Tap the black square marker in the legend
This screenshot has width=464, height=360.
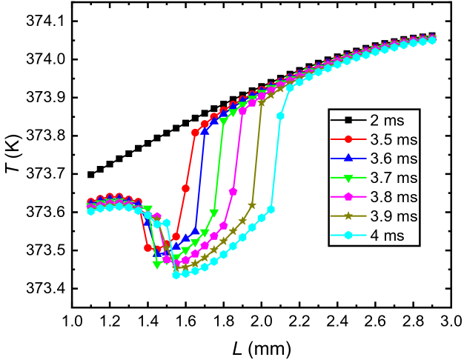pos(348,120)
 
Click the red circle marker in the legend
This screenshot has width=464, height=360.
pos(348,139)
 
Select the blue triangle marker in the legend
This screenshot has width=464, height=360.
pos(348,159)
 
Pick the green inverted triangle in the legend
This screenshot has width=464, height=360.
pos(348,178)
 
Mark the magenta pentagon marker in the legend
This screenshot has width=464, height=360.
pos(348,197)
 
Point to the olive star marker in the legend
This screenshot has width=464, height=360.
pos(348,216)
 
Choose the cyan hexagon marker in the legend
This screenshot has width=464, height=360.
pos(348,236)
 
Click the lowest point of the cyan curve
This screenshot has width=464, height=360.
pos(176,275)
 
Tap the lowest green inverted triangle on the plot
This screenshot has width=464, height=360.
pos(157,264)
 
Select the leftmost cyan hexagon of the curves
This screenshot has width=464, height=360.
pos(90,211)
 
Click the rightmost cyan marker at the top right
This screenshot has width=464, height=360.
pos(432,40)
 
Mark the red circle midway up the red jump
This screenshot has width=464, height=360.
pos(186,188)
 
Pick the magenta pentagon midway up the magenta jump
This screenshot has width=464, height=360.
pos(233,192)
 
